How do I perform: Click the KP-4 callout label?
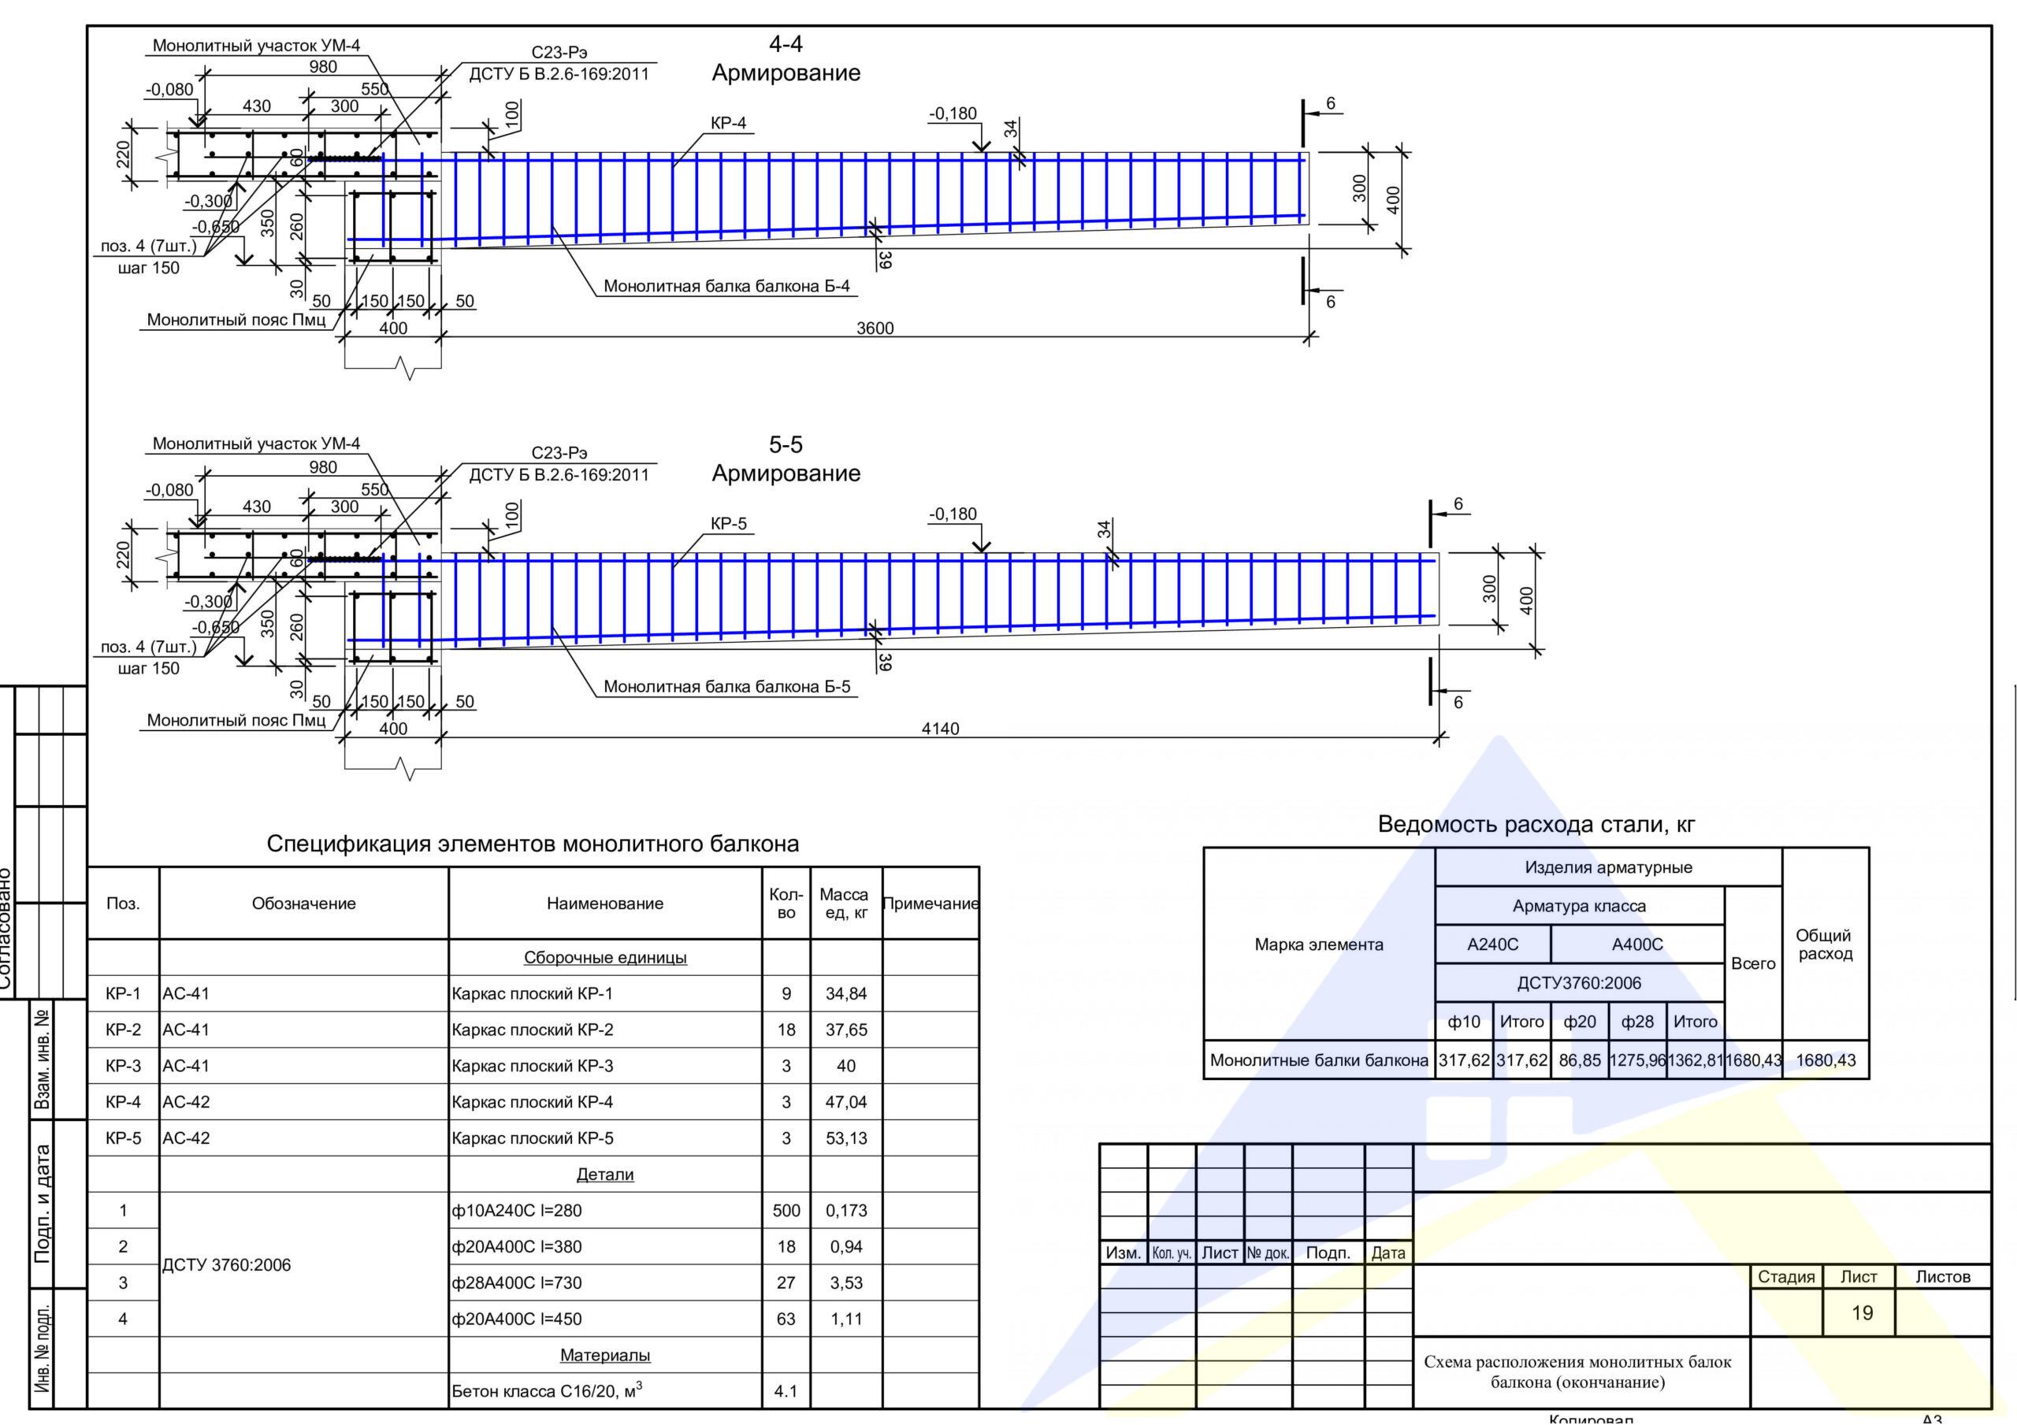(728, 123)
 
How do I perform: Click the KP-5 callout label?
(728, 524)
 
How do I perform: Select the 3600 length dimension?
(875, 328)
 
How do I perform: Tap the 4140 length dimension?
(940, 729)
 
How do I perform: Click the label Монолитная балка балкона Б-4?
(726, 287)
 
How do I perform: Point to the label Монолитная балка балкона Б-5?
(726, 687)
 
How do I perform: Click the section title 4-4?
(786, 44)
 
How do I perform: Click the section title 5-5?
(786, 444)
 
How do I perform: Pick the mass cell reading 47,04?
(846, 1102)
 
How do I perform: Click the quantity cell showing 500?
(786, 1211)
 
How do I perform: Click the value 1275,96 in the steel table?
(1636, 1060)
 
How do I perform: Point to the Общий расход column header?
(1825, 944)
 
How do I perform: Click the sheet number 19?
(1863, 1312)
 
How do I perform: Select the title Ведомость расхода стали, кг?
(1536, 825)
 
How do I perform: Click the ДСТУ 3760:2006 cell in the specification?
(227, 1265)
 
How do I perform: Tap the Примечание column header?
(930, 904)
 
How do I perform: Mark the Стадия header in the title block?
(1786, 1277)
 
